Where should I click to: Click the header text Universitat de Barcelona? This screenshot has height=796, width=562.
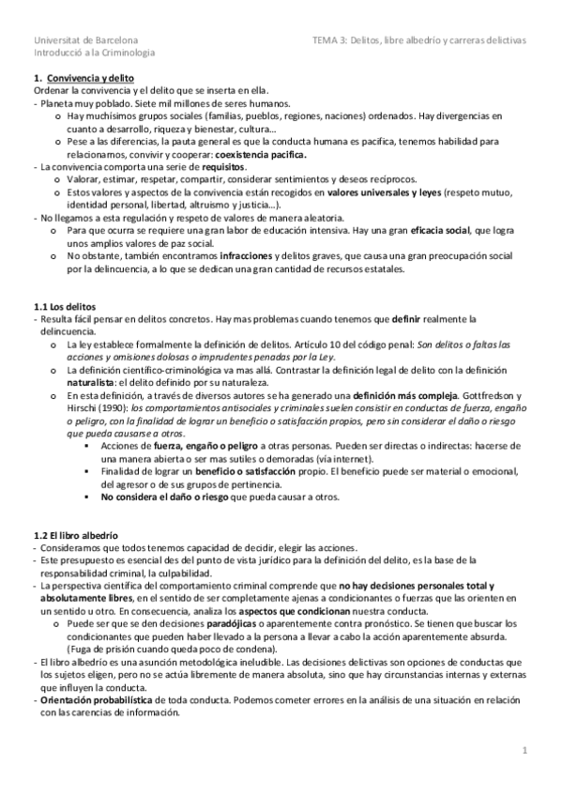85,41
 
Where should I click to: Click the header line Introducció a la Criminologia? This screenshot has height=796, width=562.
94,54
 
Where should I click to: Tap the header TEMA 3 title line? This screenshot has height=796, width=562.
419,41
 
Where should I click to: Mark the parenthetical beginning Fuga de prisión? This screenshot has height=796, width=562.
170,648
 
